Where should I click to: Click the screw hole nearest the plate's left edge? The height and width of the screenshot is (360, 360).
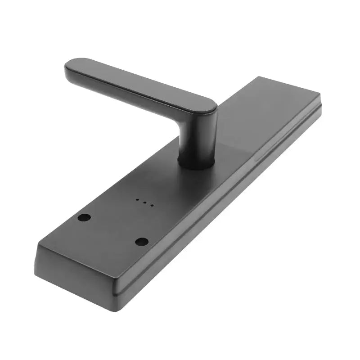84,217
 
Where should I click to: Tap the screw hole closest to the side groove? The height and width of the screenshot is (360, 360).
142,242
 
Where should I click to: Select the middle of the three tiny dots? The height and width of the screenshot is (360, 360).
144,202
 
